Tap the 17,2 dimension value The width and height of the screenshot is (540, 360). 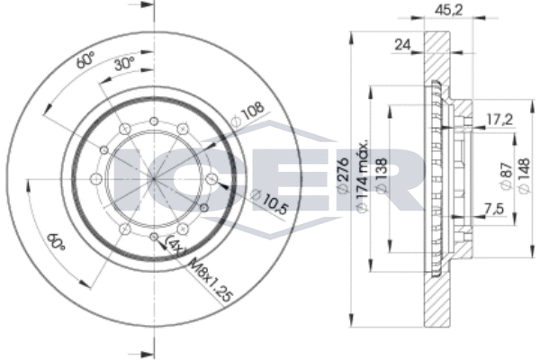pyautogui.click(x=499, y=117)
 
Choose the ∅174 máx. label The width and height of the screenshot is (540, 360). pyautogui.click(x=364, y=175)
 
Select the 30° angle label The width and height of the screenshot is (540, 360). pyautogui.click(x=122, y=65)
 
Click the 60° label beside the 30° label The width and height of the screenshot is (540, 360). pyautogui.click(x=85, y=60)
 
